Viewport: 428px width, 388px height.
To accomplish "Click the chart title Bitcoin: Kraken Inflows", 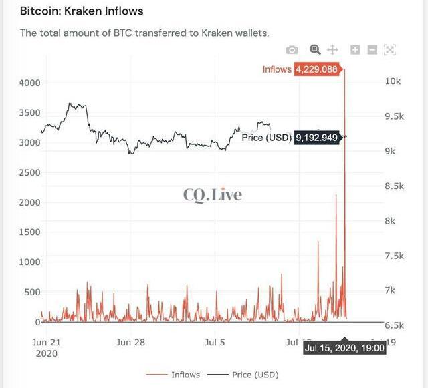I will tap(82, 11).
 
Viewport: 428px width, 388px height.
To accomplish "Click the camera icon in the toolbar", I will tap(292, 50).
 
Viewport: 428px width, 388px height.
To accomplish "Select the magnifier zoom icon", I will tap(315, 50).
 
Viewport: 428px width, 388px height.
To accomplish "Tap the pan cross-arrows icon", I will tap(333, 50).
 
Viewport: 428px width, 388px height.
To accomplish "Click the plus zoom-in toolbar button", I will tap(355, 50).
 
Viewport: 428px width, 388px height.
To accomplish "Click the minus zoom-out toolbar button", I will tap(372, 50).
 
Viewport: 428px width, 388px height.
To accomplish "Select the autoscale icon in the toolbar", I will tap(391, 50).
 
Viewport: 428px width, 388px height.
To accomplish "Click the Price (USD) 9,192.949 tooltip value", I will tap(317, 138).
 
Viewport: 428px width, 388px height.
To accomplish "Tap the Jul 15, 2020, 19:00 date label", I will tap(344, 348).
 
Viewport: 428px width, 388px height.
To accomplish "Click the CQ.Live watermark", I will tap(213, 195).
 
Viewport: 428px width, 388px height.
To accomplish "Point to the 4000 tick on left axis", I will tap(30, 83).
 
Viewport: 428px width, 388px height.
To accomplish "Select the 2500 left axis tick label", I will tap(30, 172).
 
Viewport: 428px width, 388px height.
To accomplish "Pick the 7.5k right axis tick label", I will tap(395, 256).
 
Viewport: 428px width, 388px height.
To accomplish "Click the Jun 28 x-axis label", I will tap(130, 342).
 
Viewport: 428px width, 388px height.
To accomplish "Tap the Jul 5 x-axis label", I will tap(214, 342).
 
